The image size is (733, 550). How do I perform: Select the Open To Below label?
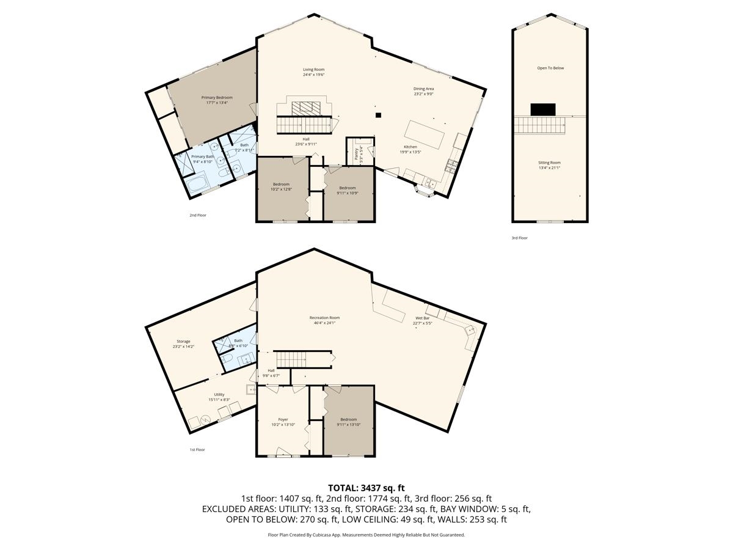pos(550,68)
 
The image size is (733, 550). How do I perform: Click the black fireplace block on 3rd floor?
pos(542,109)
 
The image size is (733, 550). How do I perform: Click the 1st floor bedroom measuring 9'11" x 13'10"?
pos(348,421)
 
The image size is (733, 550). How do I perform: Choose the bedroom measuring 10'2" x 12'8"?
pos(281,186)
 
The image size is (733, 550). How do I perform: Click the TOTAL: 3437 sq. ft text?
pos(366,488)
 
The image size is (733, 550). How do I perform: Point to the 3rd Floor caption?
pos(519,238)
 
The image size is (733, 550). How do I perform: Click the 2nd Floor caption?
pos(197,215)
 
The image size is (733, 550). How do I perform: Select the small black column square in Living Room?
pos(378,115)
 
